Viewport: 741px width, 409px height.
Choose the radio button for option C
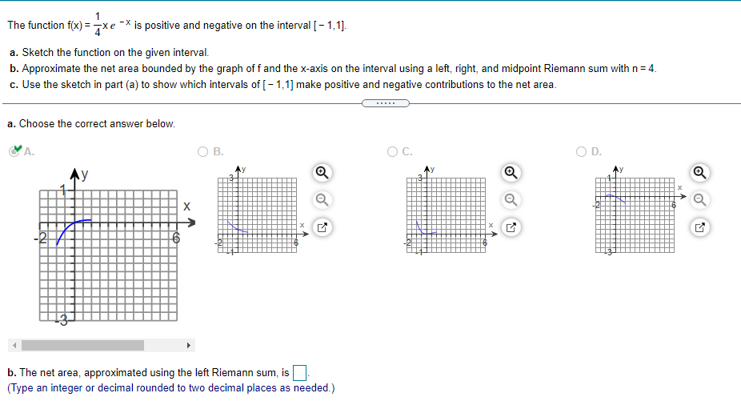click(392, 150)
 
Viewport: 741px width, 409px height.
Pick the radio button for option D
click(582, 150)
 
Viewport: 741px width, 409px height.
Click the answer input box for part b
click(300, 373)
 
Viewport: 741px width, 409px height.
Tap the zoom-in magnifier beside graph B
click(320, 172)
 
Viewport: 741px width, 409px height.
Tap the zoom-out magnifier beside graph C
click(509, 199)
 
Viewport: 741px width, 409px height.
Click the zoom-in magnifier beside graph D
click(699, 172)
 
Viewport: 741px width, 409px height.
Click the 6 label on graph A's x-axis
click(177, 239)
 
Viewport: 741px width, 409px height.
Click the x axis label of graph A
click(186, 207)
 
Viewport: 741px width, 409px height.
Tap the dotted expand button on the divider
click(386, 103)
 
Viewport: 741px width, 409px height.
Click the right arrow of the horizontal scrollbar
click(189, 346)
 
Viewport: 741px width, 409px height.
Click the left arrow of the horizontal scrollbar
click(12, 346)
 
